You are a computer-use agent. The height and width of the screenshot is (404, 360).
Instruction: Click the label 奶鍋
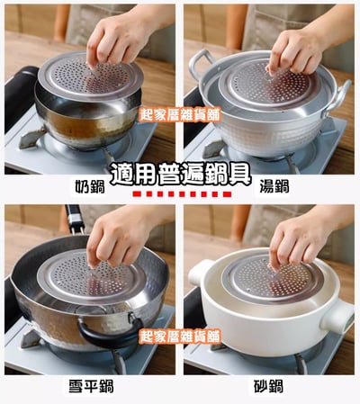click(90, 187)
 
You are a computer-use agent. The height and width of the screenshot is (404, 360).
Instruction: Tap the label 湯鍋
click(274, 186)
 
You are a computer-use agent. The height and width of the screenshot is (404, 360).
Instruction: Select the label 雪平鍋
click(91, 386)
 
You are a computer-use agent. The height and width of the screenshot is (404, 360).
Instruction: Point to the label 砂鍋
click(268, 386)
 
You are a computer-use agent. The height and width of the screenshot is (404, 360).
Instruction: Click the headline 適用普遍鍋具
click(180, 175)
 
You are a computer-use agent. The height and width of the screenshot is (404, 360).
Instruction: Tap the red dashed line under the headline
click(182, 194)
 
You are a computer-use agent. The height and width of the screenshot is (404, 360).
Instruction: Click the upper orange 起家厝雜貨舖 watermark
click(180, 114)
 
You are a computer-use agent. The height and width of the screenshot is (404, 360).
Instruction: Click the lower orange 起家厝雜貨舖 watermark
click(180, 337)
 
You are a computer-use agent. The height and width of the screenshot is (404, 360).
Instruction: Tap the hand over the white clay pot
click(297, 241)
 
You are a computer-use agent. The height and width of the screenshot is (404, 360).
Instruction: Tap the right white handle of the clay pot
click(337, 317)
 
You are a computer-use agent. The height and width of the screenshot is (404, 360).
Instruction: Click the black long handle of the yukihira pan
click(75, 220)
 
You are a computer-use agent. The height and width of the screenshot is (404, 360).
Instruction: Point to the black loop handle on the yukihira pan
click(110, 331)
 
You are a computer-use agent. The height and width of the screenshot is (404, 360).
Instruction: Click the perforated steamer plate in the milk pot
click(91, 77)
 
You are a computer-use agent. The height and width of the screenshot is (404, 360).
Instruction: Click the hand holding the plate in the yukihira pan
click(120, 237)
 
